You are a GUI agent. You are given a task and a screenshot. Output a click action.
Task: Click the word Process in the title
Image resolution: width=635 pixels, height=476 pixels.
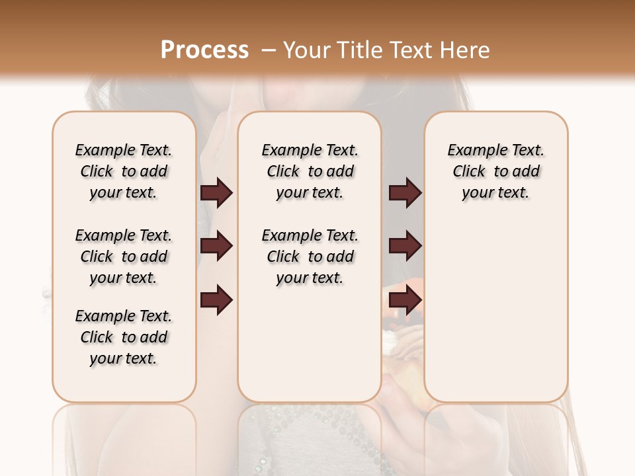(x=204, y=50)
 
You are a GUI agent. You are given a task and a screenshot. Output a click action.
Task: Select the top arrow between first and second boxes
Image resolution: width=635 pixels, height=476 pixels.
(x=216, y=192)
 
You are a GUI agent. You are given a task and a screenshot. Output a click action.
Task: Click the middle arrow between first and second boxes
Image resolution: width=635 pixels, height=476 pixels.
(x=216, y=246)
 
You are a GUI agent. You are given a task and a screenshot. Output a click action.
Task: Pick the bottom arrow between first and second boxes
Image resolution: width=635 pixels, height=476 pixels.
(x=216, y=301)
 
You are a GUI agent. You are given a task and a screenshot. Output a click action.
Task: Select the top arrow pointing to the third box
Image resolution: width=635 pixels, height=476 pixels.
(x=405, y=192)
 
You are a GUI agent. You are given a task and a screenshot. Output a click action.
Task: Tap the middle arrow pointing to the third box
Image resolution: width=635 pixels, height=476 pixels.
(x=405, y=246)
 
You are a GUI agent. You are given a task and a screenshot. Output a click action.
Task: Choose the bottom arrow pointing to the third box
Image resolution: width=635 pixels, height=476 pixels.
(x=405, y=301)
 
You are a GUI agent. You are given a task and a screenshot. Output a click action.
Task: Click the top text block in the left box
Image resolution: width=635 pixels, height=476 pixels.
(x=124, y=171)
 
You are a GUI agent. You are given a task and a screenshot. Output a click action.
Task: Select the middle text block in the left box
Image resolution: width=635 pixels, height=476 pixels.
(x=124, y=257)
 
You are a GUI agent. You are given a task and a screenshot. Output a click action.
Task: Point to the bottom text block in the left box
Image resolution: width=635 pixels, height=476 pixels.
(x=124, y=337)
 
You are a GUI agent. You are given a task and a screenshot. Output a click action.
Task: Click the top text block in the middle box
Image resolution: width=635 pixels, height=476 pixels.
(x=310, y=171)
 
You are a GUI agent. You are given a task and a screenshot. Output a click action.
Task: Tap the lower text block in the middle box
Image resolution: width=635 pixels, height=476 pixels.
(x=310, y=257)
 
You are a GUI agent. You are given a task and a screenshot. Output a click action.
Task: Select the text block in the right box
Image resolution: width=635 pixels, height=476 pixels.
(x=495, y=171)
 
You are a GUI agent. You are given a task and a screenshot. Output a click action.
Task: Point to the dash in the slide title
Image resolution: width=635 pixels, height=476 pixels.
(x=269, y=50)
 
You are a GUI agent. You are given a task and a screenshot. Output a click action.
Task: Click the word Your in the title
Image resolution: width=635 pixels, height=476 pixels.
(x=306, y=50)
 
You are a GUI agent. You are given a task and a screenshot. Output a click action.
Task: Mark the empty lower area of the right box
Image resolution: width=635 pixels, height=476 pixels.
(x=495, y=311)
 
